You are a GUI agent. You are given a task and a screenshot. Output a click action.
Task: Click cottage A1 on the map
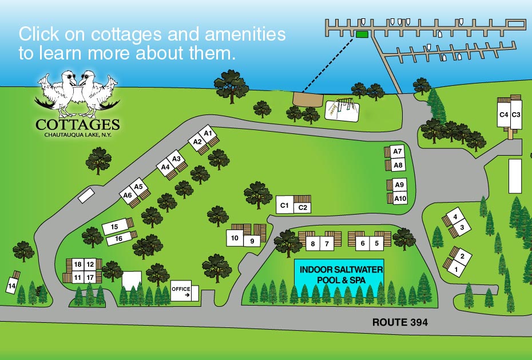pyautogui.click(x=208, y=134)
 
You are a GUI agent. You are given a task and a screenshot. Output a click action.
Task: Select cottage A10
pyautogui.click(x=400, y=199)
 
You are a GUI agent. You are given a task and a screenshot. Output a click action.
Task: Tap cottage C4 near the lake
pyautogui.click(x=503, y=114)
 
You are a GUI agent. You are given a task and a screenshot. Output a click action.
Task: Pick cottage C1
pyautogui.click(x=284, y=204)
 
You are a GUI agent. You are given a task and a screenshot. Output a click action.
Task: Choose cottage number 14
pyautogui.click(x=11, y=285)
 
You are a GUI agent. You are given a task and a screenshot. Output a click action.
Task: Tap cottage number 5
pyautogui.click(x=377, y=243)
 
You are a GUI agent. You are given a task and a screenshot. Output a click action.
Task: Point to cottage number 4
pyautogui.click(x=455, y=217)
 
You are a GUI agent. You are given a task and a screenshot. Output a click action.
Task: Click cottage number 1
pyautogui.click(x=456, y=267)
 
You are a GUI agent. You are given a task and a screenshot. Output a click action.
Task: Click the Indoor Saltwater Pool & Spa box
pyautogui.click(x=342, y=274)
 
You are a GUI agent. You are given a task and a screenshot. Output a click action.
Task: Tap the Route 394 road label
pyautogui.click(x=400, y=323)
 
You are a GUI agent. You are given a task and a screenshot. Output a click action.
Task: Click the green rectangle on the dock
pyautogui.click(x=362, y=35)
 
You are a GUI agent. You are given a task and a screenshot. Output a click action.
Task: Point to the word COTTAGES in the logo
pyautogui.click(x=77, y=124)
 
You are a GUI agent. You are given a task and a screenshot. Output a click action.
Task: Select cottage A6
pyautogui.click(x=128, y=195)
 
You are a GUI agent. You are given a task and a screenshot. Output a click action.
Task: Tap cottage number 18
pyautogui.click(x=78, y=264)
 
